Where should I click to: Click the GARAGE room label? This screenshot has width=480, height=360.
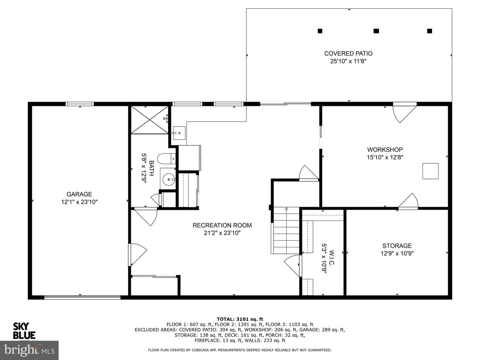pyautogui.click(x=79, y=194)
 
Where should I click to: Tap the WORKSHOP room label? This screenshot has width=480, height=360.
pyautogui.click(x=385, y=150)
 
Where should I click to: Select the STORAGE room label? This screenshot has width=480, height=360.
pyautogui.click(x=397, y=246)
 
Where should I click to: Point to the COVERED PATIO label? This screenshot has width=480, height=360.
pyautogui.click(x=348, y=54)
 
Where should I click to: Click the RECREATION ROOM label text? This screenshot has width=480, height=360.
pyautogui.click(x=222, y=225)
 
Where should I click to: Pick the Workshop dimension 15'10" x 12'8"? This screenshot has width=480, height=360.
pyautogui.click(x=385, y=157)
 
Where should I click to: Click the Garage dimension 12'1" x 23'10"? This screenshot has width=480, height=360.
pyautogui.click(x=79, y=202)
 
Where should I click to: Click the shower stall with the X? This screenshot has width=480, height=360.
pyautogui.click(x=149, y=120)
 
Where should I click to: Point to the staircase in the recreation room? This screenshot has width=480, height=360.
pyautogui.click(x=285, y=230)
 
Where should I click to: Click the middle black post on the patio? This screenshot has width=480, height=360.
pyautogui.click(x=376, y=31)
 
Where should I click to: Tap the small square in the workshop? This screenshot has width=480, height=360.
pyautogui.click(x=430, y=171)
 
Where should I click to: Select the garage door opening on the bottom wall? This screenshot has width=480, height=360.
pyautogui.click(x=82, y=297)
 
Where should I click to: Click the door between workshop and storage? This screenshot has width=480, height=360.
pyautogui.click(x=408, y=202)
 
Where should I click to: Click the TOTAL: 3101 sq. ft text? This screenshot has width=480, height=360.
pyautogui.click(x=240, y=319)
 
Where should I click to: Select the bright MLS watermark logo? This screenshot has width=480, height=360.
pyautogui.click(x=29, y=350)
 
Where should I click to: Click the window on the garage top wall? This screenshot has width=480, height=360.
pyautogui.click(x=80, y=104)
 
